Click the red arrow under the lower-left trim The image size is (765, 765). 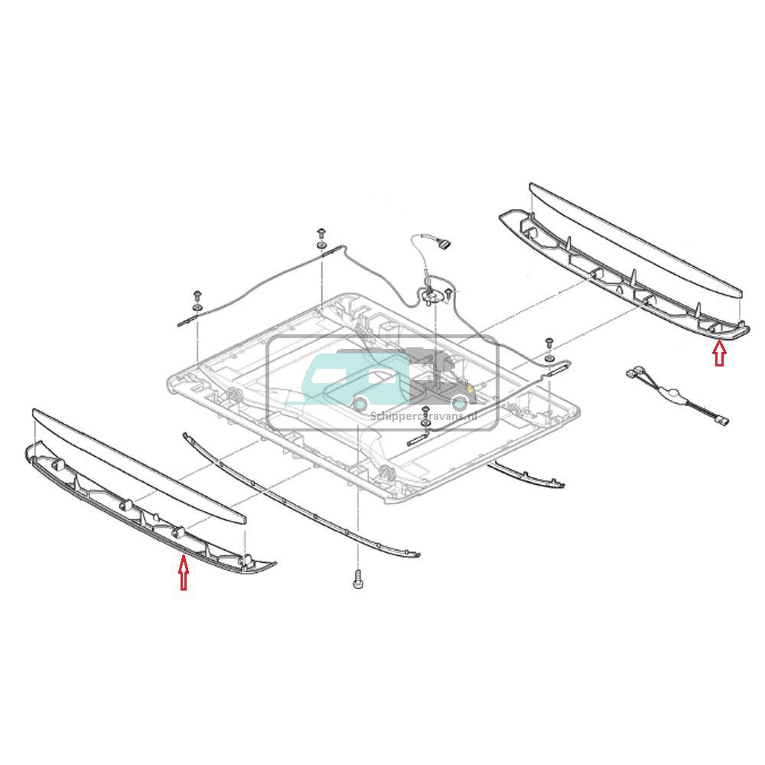183,574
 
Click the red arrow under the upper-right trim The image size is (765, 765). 718,353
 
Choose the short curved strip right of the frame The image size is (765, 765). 528,474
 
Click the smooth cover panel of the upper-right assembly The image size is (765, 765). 635,237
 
